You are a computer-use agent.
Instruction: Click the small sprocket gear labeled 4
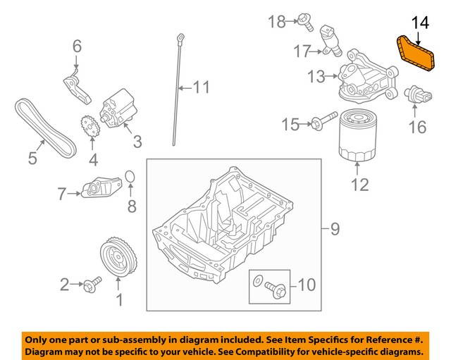point(88,130)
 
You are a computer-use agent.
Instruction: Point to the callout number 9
point(334,228)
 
